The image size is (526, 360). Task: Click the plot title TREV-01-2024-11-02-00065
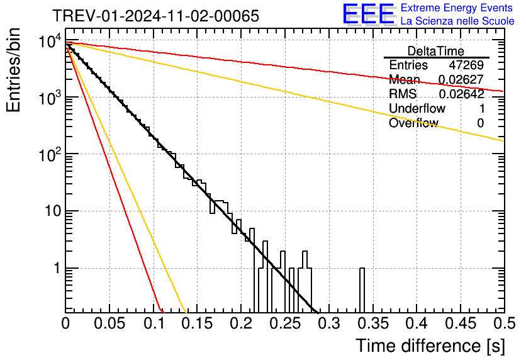tap(155, 16)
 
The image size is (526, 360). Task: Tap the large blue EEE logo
tap(368, 14)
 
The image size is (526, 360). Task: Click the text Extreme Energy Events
tap(457, 8)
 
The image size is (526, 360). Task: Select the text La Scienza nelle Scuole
tap(457, 21)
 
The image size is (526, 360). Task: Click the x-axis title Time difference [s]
tap(430, 346)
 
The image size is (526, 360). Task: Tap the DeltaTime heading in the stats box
tap(436, 51)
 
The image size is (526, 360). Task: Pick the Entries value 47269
tap(466, 65)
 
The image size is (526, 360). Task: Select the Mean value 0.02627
tap(461, 80)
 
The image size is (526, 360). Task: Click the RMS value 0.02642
tap(461, 94)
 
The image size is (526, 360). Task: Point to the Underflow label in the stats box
tap(417, 109)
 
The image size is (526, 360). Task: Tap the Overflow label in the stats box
tap(413, 123)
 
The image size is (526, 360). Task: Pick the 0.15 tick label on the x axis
tap(197, 323)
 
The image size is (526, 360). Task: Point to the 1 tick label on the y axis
tap(55, 269)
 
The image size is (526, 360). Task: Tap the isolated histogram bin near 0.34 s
tap(362, 290)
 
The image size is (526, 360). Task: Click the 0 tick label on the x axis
tap(66, 323)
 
